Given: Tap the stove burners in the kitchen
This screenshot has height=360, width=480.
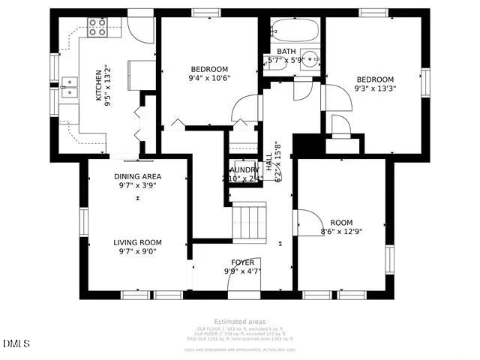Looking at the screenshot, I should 97,27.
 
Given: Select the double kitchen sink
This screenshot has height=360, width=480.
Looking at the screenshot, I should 69,88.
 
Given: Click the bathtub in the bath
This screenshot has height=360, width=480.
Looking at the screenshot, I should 295,29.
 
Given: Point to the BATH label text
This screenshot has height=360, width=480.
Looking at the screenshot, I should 286,51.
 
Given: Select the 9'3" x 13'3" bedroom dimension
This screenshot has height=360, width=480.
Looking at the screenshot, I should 375,88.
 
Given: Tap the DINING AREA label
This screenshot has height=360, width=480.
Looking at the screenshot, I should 137,176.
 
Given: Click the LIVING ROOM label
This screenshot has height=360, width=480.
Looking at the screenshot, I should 137,242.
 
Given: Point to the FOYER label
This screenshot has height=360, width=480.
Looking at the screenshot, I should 242,262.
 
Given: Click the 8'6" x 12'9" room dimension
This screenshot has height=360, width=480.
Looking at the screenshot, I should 341,232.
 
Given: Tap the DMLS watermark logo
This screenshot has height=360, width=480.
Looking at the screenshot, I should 16,343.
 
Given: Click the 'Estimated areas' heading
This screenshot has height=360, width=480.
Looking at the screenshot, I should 240,322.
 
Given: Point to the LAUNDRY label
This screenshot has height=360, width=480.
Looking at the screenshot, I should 245,170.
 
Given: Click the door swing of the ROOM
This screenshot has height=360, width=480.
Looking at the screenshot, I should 308,222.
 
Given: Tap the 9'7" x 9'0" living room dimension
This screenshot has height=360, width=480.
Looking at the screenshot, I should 137,252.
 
